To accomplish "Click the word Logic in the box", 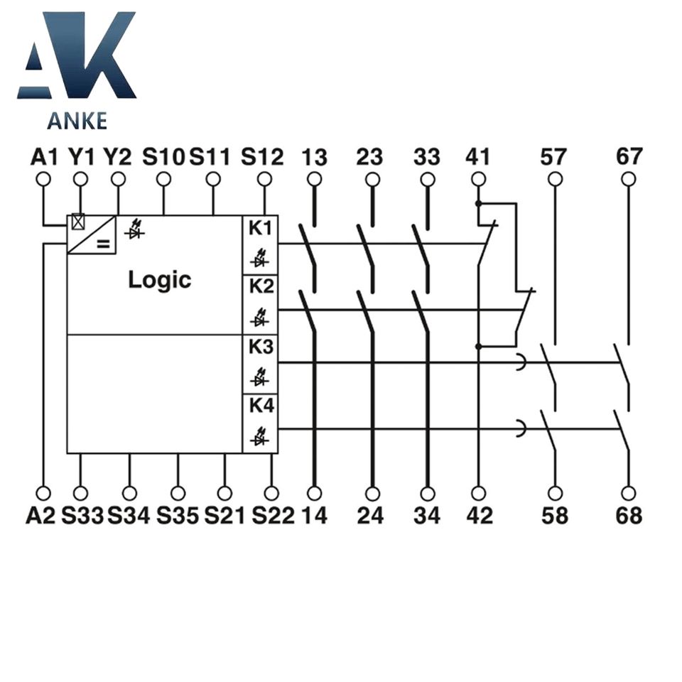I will [x=159, y=279].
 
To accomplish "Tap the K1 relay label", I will [x=259, y=229].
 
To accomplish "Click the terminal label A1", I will [x=44, y=156].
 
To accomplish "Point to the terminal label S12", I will [x=262, y=156].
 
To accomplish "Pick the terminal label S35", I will [x=178, y=516].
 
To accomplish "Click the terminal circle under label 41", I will [x=478, y=178].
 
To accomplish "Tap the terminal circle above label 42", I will [x=478, y=492].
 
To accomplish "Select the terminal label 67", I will [x=629, y=156].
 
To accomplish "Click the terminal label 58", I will [x=555, y=516].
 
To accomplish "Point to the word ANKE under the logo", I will [x=77, y=121].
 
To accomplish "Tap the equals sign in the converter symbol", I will [x=104, y=245].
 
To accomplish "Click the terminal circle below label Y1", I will [x=80, y=178].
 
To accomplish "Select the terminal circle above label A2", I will [x=44, y=492].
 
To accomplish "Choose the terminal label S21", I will [x=224, y=516].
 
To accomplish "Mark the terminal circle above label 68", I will [x=629, y=492].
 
